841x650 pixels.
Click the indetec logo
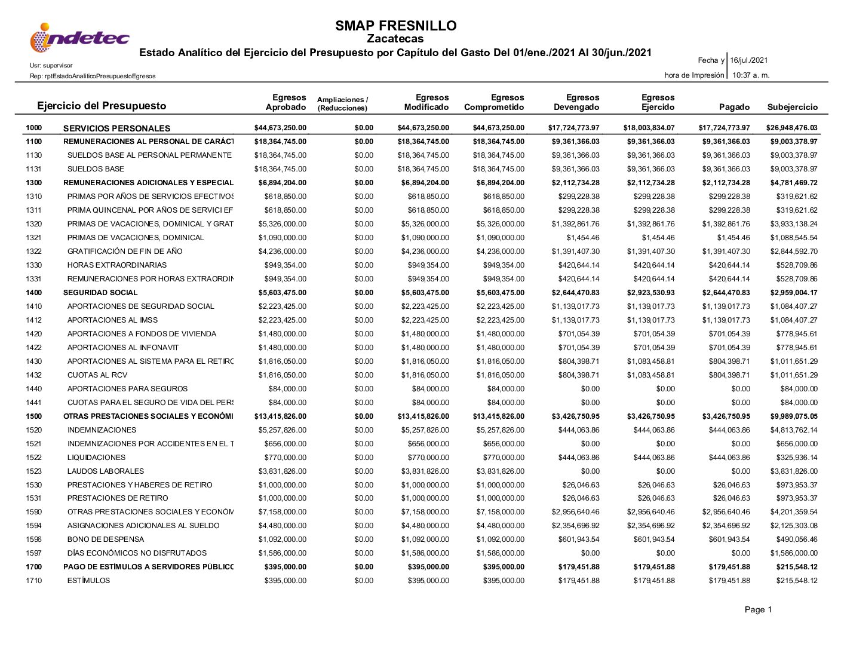(79, 38)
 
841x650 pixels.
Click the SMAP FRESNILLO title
(395, 26)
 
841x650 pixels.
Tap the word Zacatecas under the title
(395, 39)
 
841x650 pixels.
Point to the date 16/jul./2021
(749, 60)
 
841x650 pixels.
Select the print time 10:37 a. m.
(751, 75)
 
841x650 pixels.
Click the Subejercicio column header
(792, 108)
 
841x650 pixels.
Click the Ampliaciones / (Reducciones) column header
(342, 104)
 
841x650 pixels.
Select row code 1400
(34, 293)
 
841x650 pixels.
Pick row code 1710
(34, 581)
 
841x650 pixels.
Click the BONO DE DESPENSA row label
(106, 539)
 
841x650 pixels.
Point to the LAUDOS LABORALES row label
(106, 471)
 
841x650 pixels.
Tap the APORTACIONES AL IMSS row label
(112, 320)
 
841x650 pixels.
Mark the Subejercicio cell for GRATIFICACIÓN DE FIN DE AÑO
(794, 252)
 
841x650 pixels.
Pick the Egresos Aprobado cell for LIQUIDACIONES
(283, 458)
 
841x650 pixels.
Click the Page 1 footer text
(758, 610)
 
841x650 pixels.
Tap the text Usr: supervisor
(51, 66)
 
